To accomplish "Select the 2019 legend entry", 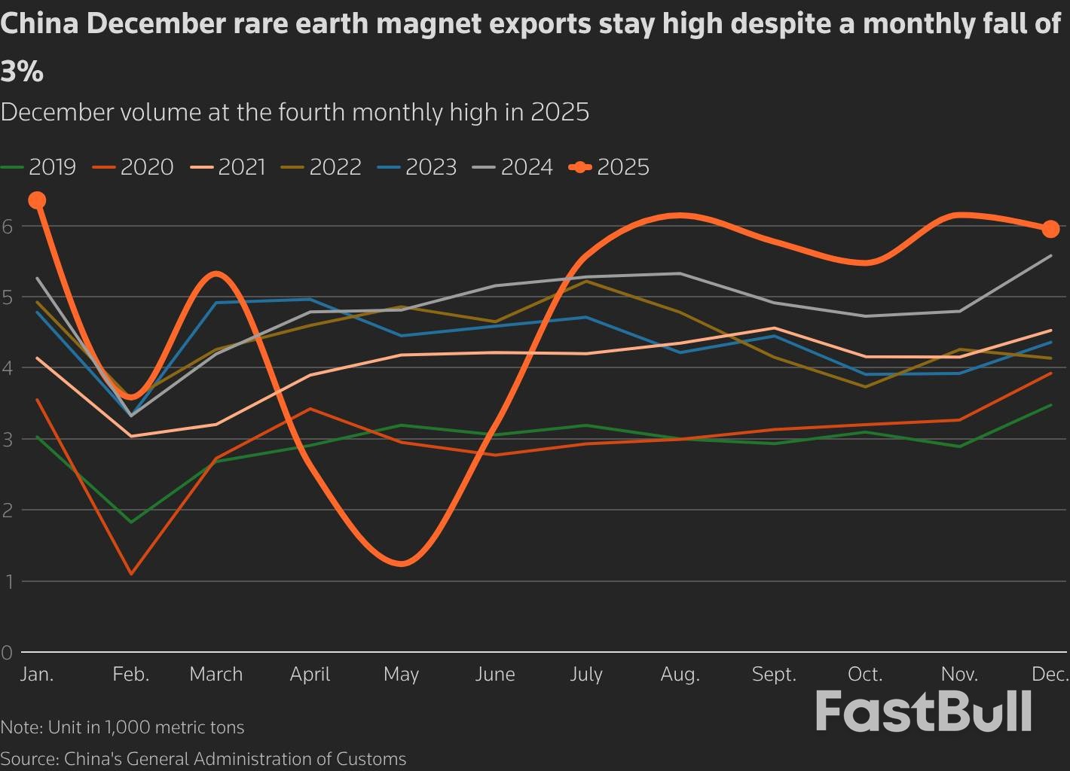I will (39, 167).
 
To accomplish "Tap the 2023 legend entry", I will (418, 167).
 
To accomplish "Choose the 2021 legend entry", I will (229, 167).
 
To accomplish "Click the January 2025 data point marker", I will (37, 200).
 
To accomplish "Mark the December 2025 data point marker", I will (1050, 229).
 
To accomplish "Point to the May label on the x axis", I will (401, 674).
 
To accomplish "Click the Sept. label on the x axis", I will (774, 674).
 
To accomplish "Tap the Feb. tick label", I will (131, 674).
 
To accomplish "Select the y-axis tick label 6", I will (8, 226).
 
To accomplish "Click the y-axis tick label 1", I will (8, 581).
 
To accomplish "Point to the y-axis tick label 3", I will (8, 439).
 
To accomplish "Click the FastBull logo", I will (923, 712).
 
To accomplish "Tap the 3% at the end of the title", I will (22, 72).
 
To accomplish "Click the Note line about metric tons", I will (122, 727).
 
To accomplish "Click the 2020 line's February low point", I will (132, 574).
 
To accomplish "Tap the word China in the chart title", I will (40, 25).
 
